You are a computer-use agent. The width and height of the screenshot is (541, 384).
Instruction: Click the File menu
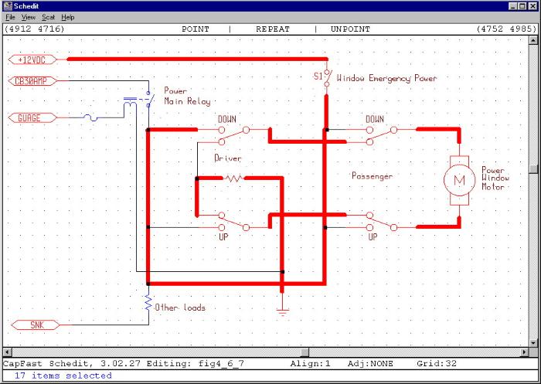click(x=11, y=17)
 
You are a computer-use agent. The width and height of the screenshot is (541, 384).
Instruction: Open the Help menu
click(x=68, y=17)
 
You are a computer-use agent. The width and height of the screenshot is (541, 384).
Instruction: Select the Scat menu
click(x=49, y=17)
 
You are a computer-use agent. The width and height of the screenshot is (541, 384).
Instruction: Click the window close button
click(x=532, y=6)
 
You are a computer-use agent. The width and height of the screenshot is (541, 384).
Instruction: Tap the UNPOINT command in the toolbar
click(x=350, y=29)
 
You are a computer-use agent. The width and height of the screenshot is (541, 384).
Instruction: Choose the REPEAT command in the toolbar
click(x=273, y=29)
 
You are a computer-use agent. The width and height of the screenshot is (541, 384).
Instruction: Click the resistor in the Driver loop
click(x=233, y=178)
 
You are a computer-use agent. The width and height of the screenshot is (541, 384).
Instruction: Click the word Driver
click(x=228, y=158)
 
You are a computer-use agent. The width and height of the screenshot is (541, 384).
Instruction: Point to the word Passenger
click(x=372, y=176)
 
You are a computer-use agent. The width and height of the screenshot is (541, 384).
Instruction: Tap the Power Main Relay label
click(x=185, y=96)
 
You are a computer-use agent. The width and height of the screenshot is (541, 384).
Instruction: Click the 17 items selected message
click(x=63, y=376)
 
